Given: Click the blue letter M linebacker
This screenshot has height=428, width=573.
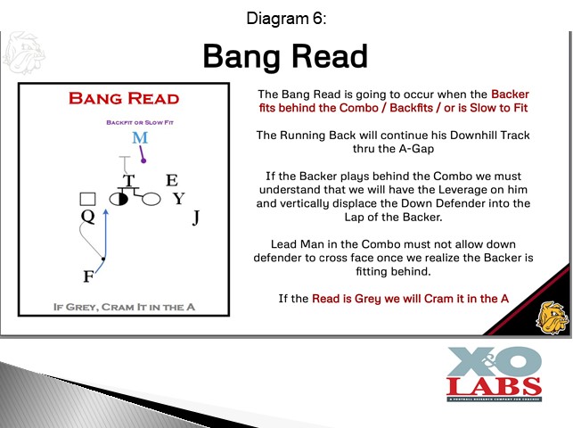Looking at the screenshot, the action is coord(140,138).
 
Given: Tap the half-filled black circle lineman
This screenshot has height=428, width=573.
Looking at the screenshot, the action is coord(119,199).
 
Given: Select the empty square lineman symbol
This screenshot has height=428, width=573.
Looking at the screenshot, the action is coord(87,199).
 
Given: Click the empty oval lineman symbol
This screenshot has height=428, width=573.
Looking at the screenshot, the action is coord(151,199).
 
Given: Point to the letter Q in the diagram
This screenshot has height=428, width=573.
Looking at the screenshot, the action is coord(87,217).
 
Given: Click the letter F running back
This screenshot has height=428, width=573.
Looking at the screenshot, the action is coord(88,276).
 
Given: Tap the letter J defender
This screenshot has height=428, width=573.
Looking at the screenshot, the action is coord(196,218).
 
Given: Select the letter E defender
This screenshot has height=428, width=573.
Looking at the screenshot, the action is coord(172,180).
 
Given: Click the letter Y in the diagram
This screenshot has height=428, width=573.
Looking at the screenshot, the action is coord(179,199).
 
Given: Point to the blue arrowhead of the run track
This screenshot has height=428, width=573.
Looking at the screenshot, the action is coord(106,211).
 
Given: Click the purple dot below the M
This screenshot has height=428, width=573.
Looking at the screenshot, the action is coord(143,160).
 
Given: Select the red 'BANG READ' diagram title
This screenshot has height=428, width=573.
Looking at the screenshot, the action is coord(124,99).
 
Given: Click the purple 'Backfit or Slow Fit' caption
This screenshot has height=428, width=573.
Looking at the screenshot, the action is coord(140,122).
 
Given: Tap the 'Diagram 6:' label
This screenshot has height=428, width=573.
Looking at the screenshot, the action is coord(286,18).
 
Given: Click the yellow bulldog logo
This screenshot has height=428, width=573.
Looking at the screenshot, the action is coord(553,317).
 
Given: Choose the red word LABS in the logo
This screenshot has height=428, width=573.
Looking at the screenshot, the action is coord(494,387).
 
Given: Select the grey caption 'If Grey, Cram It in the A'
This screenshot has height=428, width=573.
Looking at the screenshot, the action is coord(124,307).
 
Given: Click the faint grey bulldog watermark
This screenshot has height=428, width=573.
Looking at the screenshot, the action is coord(24,53).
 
